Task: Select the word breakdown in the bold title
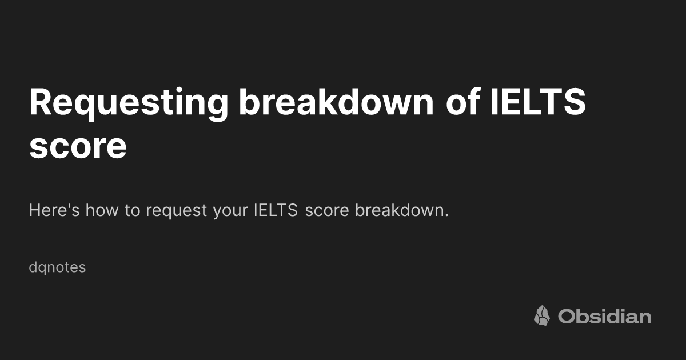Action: [336, 103]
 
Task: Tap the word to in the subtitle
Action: [133, 210]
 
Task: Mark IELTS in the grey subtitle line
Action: [274, 210]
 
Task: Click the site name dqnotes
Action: [57, 267]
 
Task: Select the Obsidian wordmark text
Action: [604, 316]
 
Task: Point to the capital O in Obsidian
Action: [566, 317]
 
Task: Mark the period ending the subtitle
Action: [447, 215]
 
